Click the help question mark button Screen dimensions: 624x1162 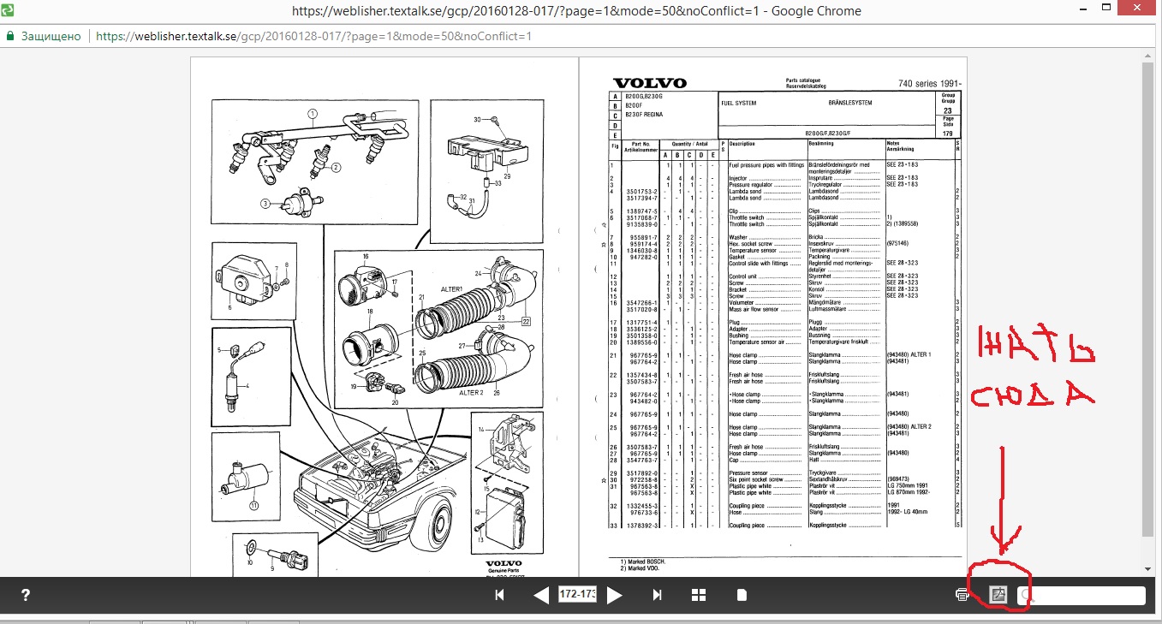[26, 595]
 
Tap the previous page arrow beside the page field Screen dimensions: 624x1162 [541, 595]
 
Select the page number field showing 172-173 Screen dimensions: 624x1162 [577, 594]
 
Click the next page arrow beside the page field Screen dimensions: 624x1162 [614, 595]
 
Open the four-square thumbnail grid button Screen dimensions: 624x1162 [699, 595]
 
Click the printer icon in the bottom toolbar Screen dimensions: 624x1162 [962, 594]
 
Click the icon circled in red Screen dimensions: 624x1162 [997, 593]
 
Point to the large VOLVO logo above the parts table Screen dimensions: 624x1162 [649, 83]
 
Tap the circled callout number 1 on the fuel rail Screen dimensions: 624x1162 [313, 112]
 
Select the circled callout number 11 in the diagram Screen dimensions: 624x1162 [253, 505]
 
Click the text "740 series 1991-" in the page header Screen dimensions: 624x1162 [930, 83]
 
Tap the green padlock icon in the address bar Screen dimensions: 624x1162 [10, 37]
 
